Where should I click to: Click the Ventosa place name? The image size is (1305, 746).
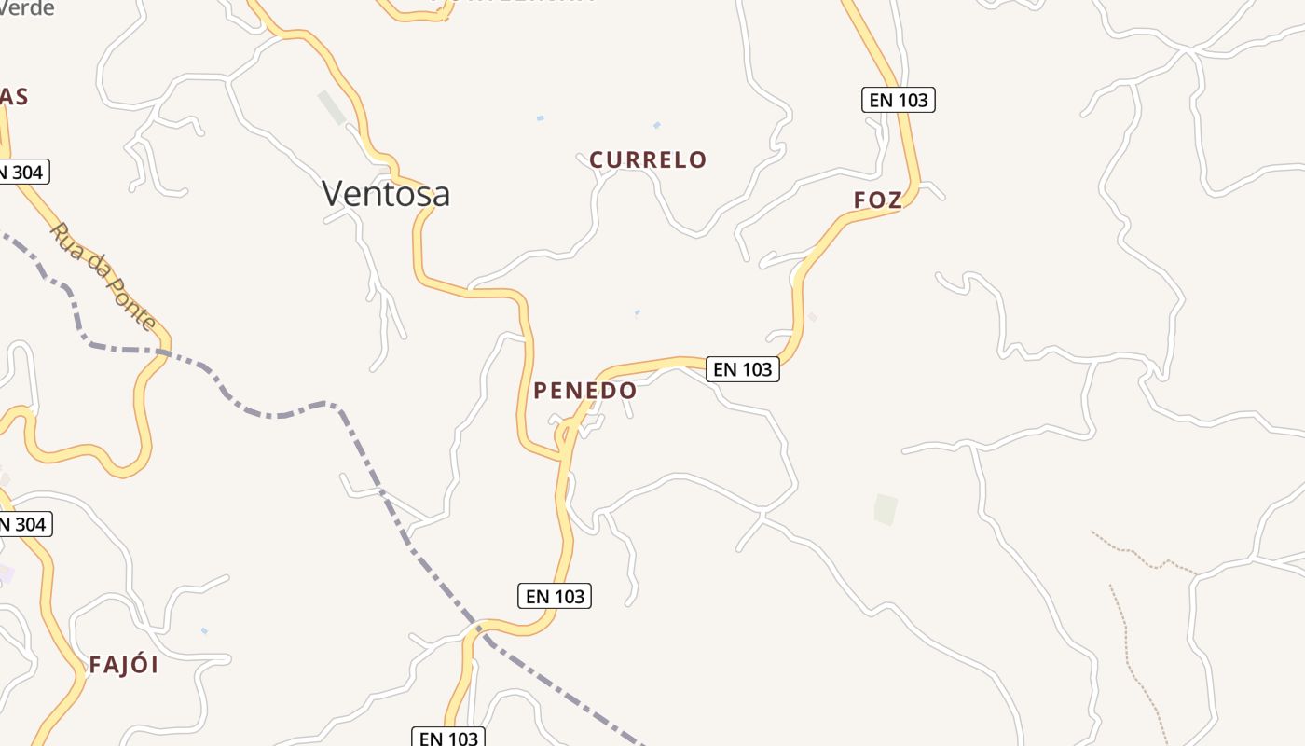point(386,193)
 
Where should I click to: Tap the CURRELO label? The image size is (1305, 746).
point(648,159)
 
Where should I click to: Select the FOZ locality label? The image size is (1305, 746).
point(877,200)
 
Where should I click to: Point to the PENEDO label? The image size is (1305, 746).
point(584,391)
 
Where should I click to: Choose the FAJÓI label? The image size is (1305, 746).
point(123,665)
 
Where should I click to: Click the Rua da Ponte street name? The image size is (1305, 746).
point(103,276)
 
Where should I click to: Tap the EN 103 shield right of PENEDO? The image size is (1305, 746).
point(742,369)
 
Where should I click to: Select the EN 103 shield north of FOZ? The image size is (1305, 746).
point(898,100)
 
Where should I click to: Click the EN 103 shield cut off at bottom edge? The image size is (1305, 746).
point(448,737)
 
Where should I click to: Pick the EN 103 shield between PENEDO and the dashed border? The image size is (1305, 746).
point(555,596)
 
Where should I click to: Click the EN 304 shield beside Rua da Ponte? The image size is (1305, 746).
point(21,172)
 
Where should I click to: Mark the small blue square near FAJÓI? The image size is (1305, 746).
point(204,631)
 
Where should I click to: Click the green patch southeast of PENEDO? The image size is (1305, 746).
point(886,509)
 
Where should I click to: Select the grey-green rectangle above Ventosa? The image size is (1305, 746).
point(332,107)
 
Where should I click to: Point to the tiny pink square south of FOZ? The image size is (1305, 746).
point(812,317)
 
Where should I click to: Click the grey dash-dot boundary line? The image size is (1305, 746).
point(280,413)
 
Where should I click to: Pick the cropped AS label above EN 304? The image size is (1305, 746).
point(13,96)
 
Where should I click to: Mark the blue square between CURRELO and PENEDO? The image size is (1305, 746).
point(638,312)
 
